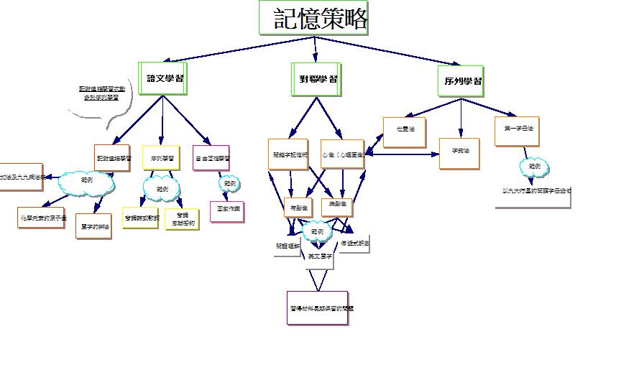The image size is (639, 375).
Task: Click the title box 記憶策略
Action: pos(314,18)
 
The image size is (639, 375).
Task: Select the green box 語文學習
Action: pos(162,78)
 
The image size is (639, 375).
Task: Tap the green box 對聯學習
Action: pos(316,78)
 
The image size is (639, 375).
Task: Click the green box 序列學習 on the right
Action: pos(460,81)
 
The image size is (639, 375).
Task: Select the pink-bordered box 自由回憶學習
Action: pos(211,157)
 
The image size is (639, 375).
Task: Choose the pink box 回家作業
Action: pos(227,211)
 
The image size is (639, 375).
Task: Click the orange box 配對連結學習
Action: pos(112,157)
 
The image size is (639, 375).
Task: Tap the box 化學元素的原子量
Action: pos(42,216)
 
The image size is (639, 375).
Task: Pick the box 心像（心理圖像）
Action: pos(342,154)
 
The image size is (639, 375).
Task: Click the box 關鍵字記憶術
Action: pos(288,154)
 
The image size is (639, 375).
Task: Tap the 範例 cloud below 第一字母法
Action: pos(535,168)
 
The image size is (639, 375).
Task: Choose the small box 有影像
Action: pos(298,207)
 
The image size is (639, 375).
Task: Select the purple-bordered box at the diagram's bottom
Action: pos(317,308)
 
